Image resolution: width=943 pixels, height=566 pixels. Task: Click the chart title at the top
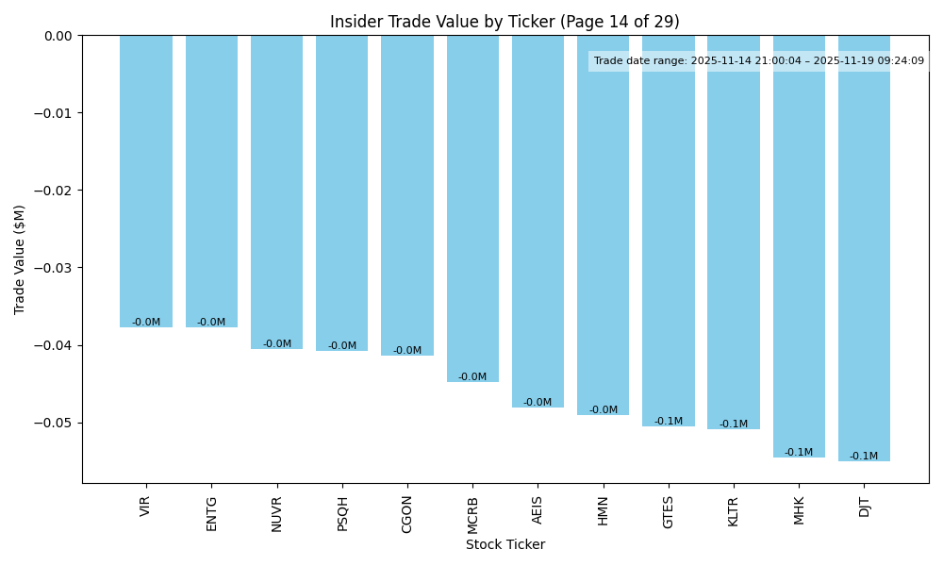505,22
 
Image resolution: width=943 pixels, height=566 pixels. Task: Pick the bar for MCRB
472,208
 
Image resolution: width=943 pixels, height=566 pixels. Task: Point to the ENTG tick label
211,513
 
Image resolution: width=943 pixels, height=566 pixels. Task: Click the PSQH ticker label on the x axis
342,513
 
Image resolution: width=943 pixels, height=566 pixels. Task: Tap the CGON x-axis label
407,513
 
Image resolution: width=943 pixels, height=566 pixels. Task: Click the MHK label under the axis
799,510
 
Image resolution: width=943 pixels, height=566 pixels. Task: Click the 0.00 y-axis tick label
58,36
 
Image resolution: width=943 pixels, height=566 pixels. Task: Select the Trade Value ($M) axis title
20,259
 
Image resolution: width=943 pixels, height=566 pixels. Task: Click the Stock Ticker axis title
505,544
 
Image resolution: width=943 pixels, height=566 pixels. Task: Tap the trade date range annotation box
759,61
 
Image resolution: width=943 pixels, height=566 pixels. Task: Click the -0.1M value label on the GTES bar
669,422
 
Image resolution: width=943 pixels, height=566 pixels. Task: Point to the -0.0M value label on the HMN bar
604,410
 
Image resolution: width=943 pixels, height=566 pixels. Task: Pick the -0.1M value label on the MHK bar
799,453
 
